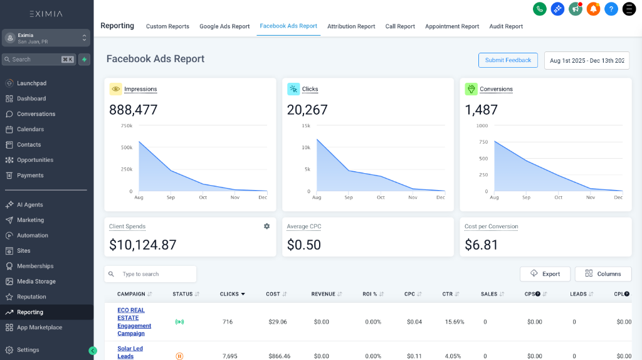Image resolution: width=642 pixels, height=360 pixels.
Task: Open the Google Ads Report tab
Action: click(224, 26)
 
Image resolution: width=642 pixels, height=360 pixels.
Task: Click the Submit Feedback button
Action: click(508, 60)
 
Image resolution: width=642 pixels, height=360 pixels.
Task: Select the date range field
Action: click(586, 61)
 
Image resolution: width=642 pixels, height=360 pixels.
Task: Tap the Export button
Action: click(545, 274)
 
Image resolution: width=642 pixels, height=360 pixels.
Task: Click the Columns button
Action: click(603, 274)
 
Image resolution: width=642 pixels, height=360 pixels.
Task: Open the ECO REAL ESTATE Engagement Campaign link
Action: click(134, 322)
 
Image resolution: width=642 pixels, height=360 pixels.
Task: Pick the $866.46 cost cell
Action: click(278, 356)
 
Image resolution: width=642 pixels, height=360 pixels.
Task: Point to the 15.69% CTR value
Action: click(453, 322)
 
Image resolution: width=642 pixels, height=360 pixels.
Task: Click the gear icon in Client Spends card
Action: click(266, 226)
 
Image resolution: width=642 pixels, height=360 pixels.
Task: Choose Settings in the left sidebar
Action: click(28, 350)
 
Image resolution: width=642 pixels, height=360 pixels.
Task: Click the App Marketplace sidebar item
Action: click(39, 327)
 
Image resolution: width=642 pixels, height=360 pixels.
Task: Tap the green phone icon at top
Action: click(539, 9)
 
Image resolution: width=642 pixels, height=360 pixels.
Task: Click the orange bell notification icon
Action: click(593, 9)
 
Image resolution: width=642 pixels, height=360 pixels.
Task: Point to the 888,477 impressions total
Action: click(134, 110)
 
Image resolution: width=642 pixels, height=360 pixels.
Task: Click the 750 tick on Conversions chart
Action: click(482, 142)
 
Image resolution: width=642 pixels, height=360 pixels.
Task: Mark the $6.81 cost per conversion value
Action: click(481, 245)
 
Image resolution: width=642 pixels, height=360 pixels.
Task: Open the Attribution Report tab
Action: click(351, 26)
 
